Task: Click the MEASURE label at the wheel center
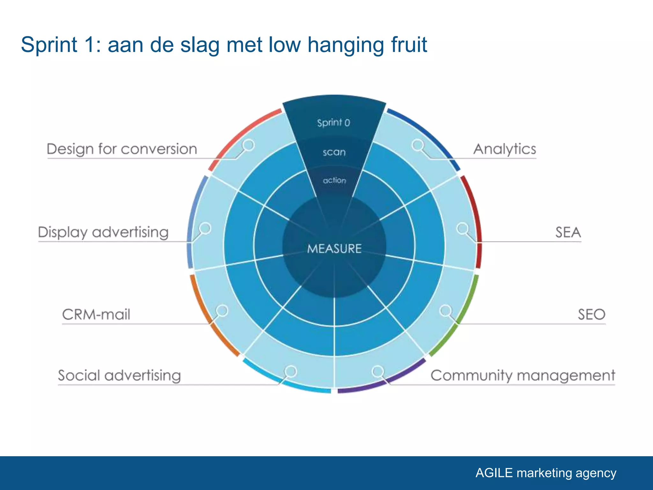[334, 249]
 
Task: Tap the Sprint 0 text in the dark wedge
[334, 123]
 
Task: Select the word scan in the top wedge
[334, 152]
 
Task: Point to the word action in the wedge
[334, 181]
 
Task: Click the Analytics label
[504, 149]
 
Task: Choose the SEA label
[568, 232]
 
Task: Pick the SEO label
[591, 315]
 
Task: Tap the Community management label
[523, 375]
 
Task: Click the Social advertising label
[119, 375]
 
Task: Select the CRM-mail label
[96, 315]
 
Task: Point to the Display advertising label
[103, 232]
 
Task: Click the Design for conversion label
[122, 149]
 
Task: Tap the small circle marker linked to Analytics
[417, 145]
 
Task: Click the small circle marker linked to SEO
[445, 310]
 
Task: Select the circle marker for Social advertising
[290, 371]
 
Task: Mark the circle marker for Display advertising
[205, 228]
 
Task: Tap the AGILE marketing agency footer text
[546, 473]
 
